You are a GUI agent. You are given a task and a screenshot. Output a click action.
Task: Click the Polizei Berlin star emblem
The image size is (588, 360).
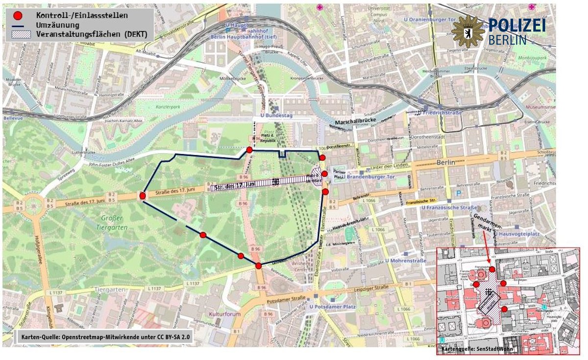tap(467, 31)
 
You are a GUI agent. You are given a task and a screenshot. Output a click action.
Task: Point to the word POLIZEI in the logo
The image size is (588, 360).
tap(517, 26)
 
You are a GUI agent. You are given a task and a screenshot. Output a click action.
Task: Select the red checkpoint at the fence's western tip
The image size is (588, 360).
tap(143, 196)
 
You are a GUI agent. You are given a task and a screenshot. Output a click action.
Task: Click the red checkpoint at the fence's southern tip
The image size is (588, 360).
tap(258, 266)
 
